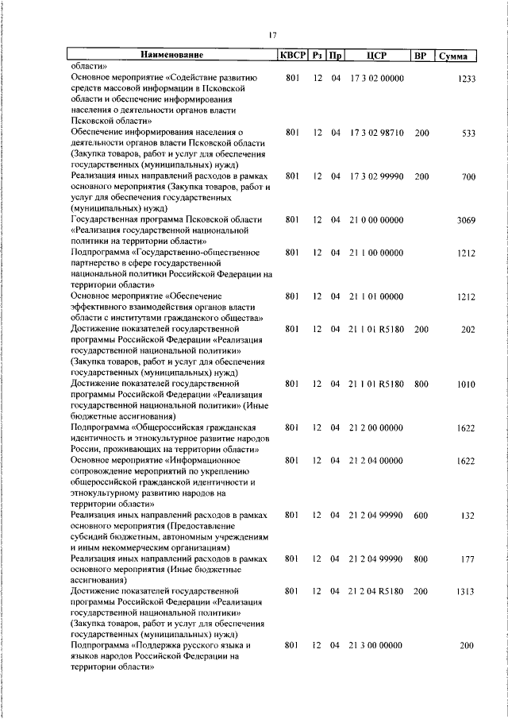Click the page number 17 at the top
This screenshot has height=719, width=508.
click(272, 34)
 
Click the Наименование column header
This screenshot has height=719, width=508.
click(172, 56)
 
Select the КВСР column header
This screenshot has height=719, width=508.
click(291, 56)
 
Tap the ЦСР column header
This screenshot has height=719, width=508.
click(376, 56)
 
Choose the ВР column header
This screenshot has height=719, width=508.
click(421, 56)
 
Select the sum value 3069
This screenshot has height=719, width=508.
click(466, 220)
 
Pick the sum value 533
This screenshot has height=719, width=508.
click(468, 133)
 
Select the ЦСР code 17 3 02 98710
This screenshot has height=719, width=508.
click(376, 133)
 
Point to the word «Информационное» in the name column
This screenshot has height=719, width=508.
click(217, 460)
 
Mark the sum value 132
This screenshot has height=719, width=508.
click(468, 515)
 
